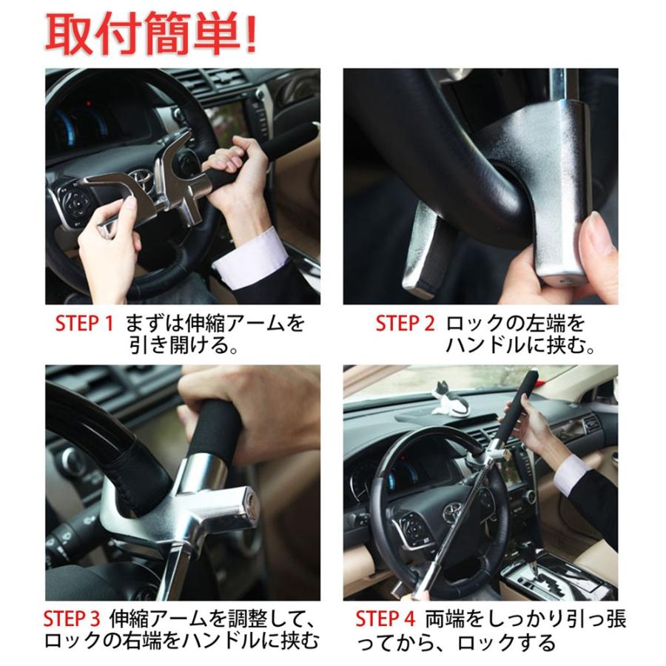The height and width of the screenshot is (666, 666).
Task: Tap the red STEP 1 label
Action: pos(85,323)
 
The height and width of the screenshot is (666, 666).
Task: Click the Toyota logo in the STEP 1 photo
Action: pos(140,181)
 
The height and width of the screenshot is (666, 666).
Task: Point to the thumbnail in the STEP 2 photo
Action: pos(596,229)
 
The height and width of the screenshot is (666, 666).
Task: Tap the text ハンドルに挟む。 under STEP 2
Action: pos(520,346)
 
